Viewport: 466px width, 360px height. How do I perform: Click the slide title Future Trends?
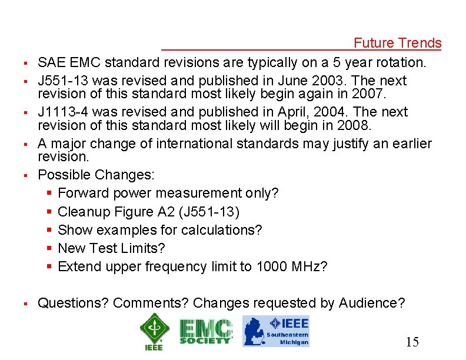(x=397, y=43)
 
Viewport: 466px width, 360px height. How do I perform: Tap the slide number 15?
(x=412, y=342)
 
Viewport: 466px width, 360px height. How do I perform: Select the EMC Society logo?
(x=205, y=331)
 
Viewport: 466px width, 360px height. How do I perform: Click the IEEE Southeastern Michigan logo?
(x=276, y=331)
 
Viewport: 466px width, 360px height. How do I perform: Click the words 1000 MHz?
(x=289, y=266)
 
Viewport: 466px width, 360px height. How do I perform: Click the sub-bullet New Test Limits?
(x=112, y=248)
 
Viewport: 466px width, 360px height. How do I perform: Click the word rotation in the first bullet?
(x=404, y=62)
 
